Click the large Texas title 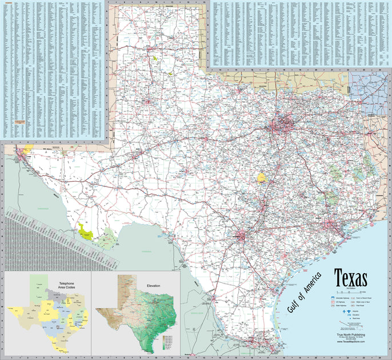tap(350, 280)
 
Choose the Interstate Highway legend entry tap(338, 298)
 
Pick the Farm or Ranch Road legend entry tap(361, 298)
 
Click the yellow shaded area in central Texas tap(262, 177)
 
